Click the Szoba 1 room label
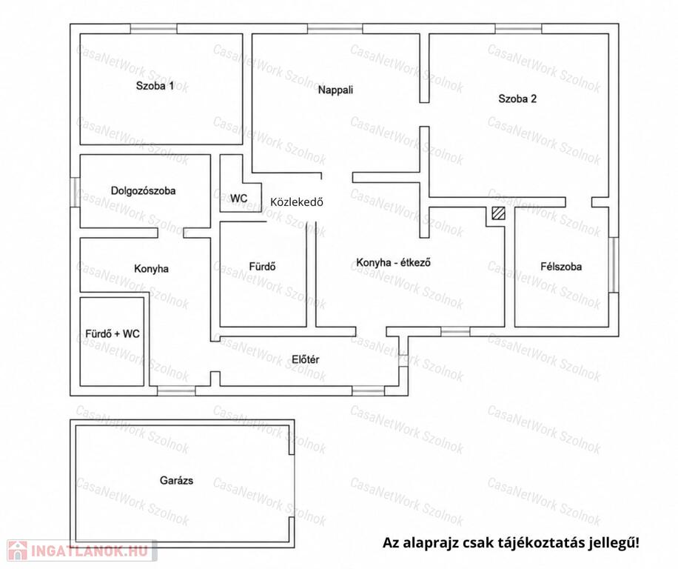[155, 86]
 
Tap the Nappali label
[335, 90]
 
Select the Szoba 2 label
[517, 99]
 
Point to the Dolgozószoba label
[143, 191]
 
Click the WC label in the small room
[238, 198]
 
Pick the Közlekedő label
[297, 202]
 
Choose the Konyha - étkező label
[393, 263]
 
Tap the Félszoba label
[561, 267]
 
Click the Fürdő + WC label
[113, 333]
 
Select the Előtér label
[305, 359]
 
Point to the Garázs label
[176, 480]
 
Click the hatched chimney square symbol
[498, 213]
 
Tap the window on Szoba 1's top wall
[153, 29]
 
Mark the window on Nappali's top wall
[335, 29]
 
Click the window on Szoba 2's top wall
[518, 29]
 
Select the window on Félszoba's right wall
[614, 264]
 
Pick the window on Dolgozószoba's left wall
[75, 192]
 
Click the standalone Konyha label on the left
[151, 269]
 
